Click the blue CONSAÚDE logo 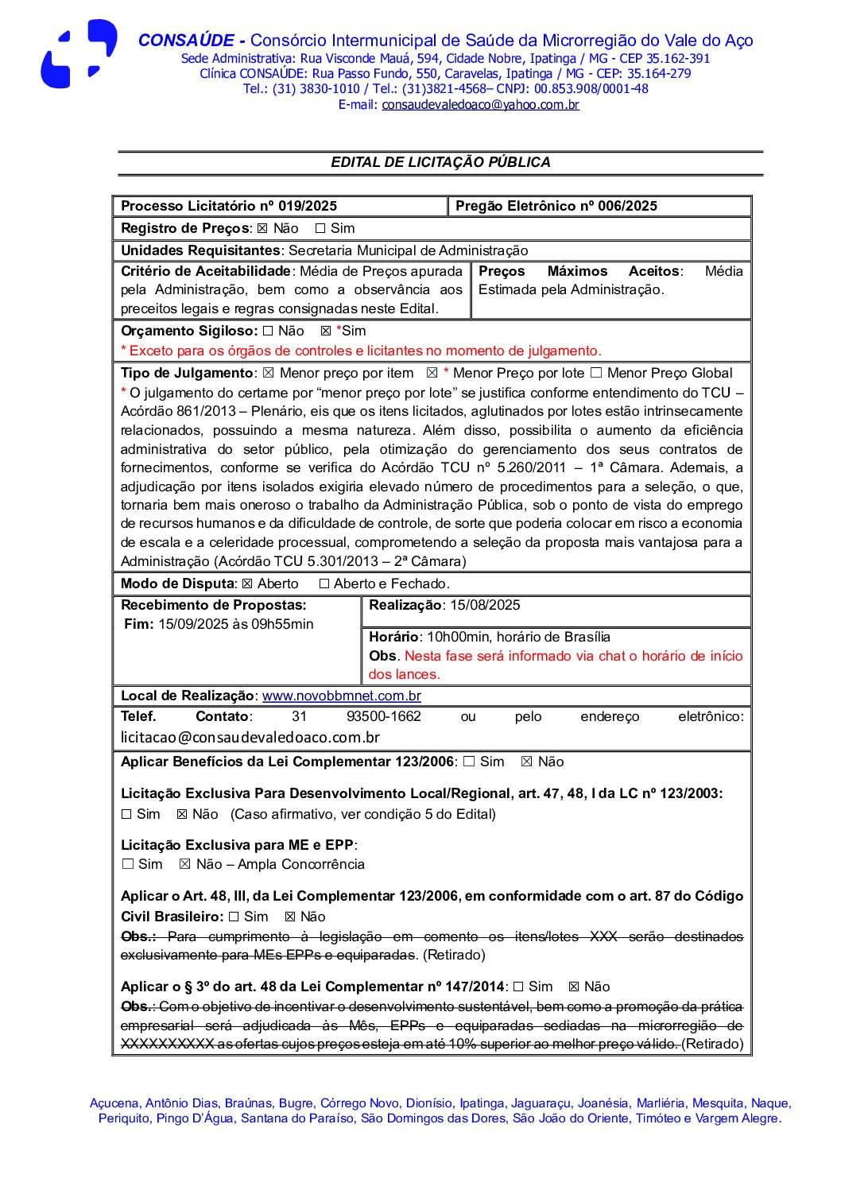coord(79,54)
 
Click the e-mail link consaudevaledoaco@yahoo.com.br coord(480,105)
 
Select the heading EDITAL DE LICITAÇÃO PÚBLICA coord(440,162)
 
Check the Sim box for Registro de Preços coord(320,229)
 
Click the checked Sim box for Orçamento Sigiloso coord(325,331)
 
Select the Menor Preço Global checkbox coord(595,374)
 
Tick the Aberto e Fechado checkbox coord(324,584)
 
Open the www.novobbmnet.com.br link coord(342,696)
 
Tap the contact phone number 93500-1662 coord(384,717)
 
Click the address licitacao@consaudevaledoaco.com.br coord(250,738)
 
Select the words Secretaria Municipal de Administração coord(408,251)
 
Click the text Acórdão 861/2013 coord(178,412)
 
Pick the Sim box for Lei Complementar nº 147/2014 coord(518,987)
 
